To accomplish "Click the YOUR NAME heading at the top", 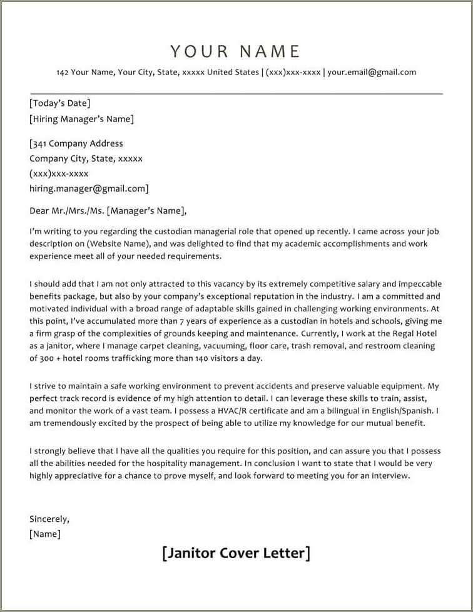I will click(x=235, y=51).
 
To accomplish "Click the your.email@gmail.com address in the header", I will click(x=372, y=72).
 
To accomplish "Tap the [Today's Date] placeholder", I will click(x=60, y=103).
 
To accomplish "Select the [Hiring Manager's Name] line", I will click(x=81, y=119).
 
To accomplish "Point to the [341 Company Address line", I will click(x=76, y=143).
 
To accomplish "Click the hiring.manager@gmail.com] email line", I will click(x=89, y=189).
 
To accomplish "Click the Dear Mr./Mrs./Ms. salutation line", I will click(x=108, y=211).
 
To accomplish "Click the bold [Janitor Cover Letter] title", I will click(x=236, y=553).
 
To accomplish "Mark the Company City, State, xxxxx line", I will click(x=86, y=158).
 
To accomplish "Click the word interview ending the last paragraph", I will click(x=389, y=475).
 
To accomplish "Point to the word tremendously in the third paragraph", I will click(x=70, y=423).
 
